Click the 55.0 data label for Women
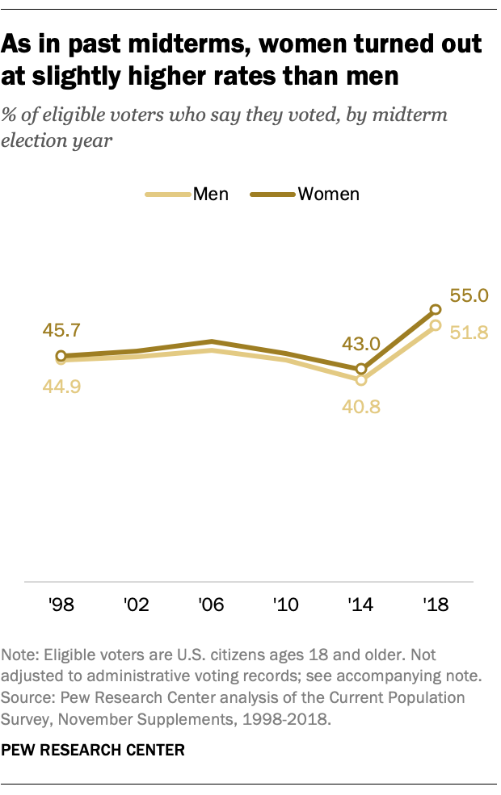point(469,296)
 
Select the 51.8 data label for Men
point(469,332)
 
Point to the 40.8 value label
point(360,407)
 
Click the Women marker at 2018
point(436,309)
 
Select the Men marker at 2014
point(361,379)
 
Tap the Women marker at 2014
point(361,369)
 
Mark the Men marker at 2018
point(436,325)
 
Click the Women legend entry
point(305,194)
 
